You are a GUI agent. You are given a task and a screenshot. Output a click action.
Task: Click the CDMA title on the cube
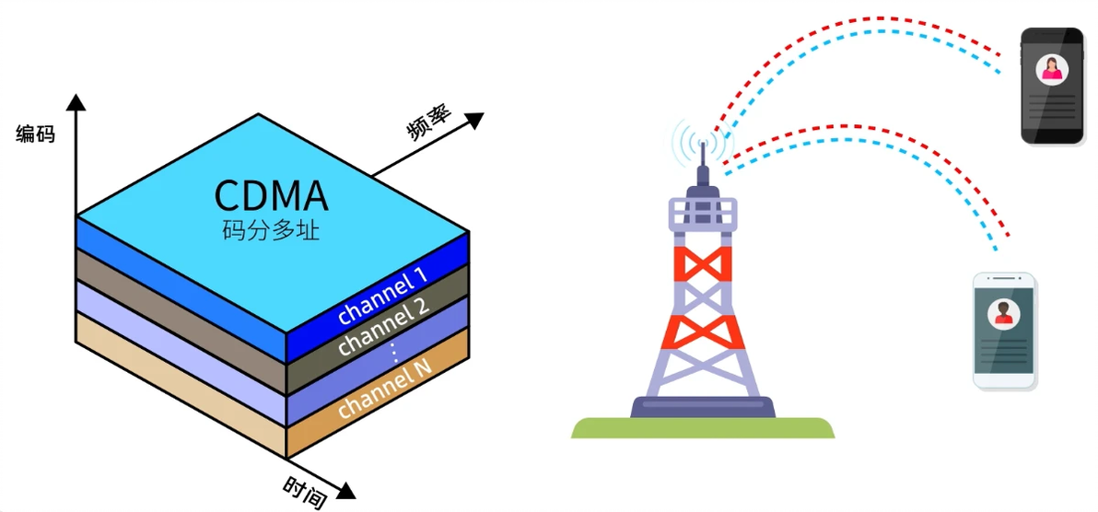click(x=271, y=196)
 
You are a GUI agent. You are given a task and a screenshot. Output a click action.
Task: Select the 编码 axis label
click(x=35, y=134)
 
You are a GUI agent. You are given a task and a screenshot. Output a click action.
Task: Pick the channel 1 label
click(x=382, y=297)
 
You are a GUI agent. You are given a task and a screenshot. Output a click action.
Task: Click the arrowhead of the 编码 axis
click(x=76, y=102)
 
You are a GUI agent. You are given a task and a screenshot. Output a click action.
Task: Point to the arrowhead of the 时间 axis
click(x=345, y=490)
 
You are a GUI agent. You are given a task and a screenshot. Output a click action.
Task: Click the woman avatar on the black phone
click(x=1051, y=69)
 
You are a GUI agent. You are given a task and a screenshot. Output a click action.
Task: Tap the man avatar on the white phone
click(x=1003, y=313)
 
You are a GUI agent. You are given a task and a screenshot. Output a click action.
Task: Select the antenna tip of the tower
click(x=702, y=144)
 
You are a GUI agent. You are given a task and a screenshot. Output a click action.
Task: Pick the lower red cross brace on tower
click(x=702, y=332)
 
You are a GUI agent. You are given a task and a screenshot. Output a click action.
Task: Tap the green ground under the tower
click(x=702, y=427)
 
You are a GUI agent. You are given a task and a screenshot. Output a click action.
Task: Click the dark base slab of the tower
click(x=702, y=407)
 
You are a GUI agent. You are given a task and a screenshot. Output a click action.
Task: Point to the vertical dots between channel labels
click(x=394, y=352)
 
